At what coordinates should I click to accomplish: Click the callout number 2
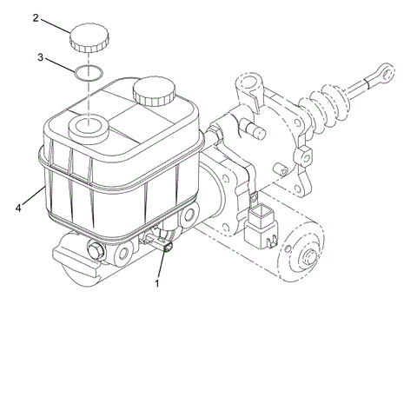coord(36,17)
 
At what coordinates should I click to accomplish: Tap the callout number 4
coord(18,208)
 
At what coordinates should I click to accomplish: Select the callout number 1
coord(158,282)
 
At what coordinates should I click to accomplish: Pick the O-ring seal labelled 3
coord(88,73)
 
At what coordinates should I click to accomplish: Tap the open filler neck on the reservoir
coord(88,129)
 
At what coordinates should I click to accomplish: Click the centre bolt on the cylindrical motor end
coord(309,257)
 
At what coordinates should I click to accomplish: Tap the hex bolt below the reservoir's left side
coord(96,252)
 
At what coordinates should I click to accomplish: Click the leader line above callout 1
coord(162,266)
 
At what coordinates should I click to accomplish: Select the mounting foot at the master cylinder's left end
coord(68,259)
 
